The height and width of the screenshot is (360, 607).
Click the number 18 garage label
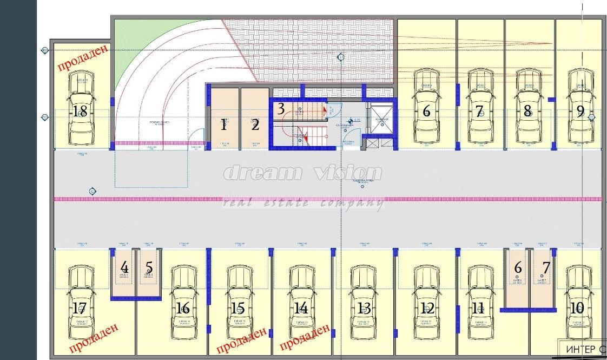80,112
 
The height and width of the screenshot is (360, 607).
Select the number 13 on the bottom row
364,309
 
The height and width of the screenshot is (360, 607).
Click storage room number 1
223,125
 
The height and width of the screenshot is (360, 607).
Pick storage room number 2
255,125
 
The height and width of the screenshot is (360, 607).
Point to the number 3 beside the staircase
281,109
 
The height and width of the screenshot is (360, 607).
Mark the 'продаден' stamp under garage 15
241,339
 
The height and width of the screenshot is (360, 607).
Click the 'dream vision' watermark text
303,174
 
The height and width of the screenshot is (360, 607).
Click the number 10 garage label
577,308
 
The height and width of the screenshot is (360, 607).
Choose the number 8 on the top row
527,112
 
